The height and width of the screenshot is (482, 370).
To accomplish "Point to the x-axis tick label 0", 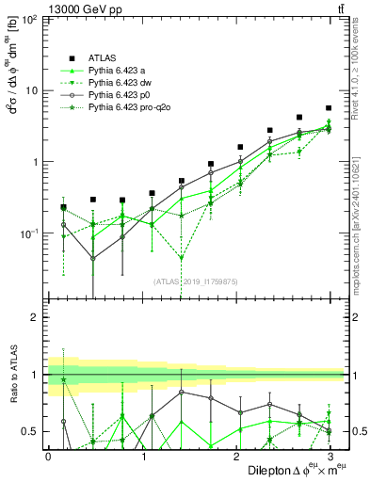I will [x=48, y=456].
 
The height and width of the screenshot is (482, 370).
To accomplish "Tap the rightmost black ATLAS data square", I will [x=329, y=108].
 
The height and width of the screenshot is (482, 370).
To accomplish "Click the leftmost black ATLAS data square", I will [x=63, y=206].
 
